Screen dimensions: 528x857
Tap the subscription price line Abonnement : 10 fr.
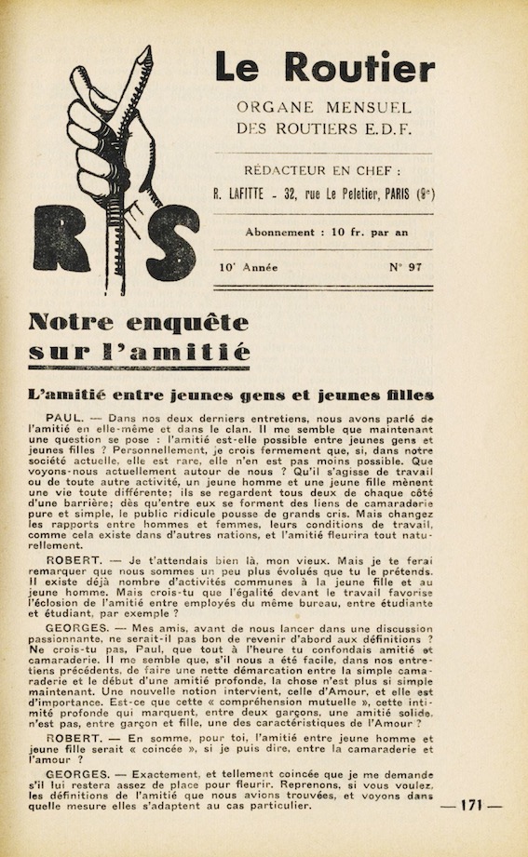click(324, 232)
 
